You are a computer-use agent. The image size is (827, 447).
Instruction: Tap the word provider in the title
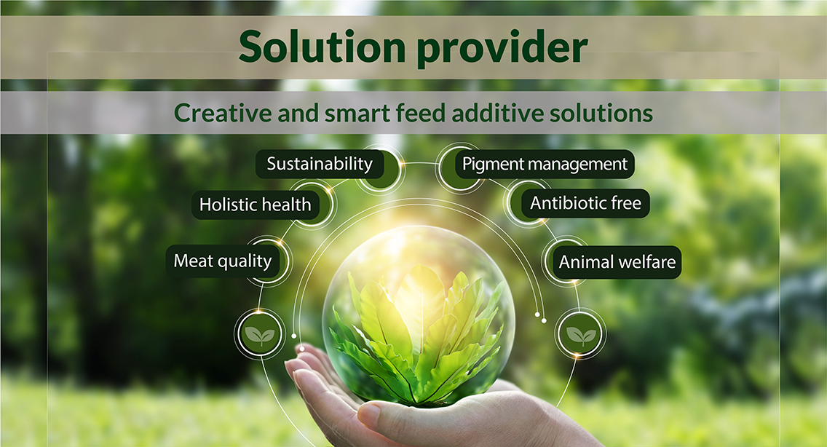coord(502,49)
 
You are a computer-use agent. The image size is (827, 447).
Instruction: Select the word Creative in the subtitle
coord(223,113)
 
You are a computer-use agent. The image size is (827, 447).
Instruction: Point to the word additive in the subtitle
coord(496,113)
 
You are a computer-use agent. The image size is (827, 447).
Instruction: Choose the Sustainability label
coord(320,164)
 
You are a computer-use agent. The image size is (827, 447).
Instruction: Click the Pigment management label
coord(545,164)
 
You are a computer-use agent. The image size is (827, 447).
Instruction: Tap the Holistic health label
coord(256,205)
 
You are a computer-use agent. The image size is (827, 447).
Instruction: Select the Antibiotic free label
coord(585,203)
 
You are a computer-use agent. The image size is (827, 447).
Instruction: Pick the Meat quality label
coord(223,261)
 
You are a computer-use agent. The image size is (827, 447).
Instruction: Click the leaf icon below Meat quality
coord(259,333)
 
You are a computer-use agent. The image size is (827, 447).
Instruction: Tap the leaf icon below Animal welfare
coord(580,334)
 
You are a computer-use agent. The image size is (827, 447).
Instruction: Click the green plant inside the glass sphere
coord(416,338)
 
